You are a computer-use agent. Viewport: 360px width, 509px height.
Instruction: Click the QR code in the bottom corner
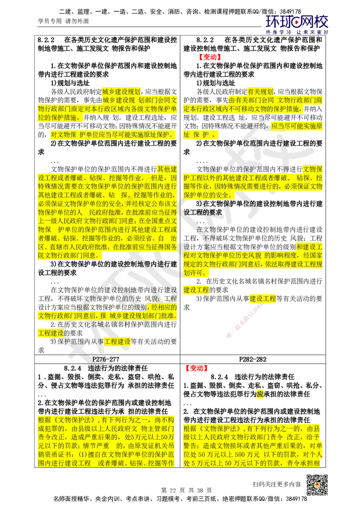pyautogui.click(x=316, y=485)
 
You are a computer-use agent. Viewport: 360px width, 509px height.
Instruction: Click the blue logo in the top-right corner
pyautogui.click(x=297, y=24)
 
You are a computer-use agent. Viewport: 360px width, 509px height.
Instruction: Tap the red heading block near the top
pyautogui.click(x=210, y=57)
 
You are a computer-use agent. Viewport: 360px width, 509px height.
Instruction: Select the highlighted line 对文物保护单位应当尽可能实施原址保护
pyautogui.click(x=111, y=134)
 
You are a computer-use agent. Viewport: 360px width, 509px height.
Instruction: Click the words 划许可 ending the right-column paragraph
pyautogui.click(x=195, y=273)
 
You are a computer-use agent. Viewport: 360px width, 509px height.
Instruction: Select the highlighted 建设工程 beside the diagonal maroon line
pyautogui.click(x=263, y=299)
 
